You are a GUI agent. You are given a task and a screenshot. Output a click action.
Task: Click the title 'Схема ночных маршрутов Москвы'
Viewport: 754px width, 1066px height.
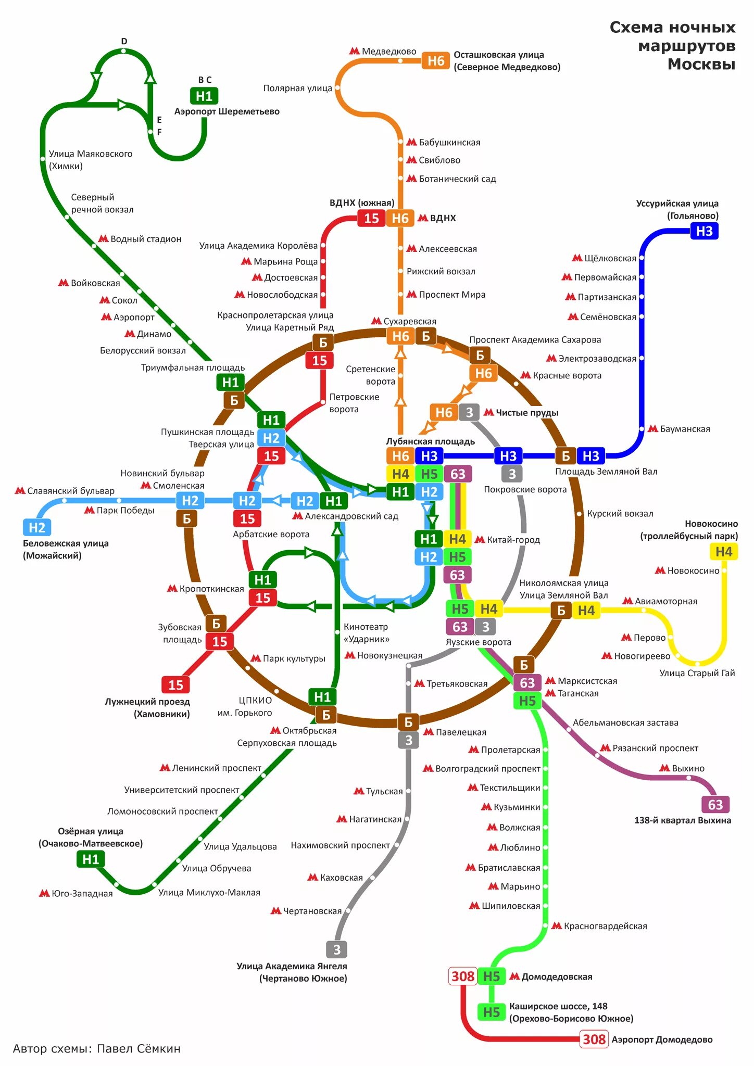673,46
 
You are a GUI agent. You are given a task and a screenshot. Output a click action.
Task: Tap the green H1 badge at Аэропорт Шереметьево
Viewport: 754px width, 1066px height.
204,96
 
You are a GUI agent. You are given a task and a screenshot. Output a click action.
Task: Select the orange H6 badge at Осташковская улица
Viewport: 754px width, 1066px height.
435,61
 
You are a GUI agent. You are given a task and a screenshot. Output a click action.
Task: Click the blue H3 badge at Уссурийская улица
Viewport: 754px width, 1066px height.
704,231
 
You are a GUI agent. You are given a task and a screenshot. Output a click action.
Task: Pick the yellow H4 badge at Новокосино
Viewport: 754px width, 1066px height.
723,552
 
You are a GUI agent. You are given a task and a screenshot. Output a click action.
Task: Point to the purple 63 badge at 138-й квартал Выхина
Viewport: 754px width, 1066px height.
715,805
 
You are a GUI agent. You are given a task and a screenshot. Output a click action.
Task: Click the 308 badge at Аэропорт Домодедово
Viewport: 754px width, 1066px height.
594,1039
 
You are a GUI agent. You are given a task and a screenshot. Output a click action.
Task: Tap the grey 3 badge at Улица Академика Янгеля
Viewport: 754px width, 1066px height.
337,950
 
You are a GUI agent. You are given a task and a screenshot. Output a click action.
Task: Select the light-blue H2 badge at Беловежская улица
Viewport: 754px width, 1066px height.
37,527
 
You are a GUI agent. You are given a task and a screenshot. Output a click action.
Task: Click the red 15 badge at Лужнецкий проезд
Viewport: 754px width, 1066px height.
175,685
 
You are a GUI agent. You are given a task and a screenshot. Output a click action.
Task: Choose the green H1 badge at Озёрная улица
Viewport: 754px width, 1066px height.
91,859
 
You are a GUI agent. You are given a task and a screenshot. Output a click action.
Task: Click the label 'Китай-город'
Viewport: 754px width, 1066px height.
513,540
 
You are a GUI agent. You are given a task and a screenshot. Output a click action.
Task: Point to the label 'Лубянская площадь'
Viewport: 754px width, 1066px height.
430,441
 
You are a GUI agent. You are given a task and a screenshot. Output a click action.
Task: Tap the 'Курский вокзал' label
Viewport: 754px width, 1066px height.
620,514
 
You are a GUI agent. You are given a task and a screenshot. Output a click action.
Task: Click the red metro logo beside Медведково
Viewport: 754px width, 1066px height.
355,51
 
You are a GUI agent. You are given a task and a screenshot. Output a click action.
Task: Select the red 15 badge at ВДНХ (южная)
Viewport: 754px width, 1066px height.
371,218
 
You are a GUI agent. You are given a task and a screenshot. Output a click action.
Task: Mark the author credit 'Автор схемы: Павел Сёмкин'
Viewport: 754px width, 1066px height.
97,1048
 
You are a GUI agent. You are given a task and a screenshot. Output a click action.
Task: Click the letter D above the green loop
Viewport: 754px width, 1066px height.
124,42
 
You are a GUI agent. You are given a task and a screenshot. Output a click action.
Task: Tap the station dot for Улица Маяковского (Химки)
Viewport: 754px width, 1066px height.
43,159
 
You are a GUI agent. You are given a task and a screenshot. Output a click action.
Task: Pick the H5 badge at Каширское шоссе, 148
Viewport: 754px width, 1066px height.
491,1012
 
